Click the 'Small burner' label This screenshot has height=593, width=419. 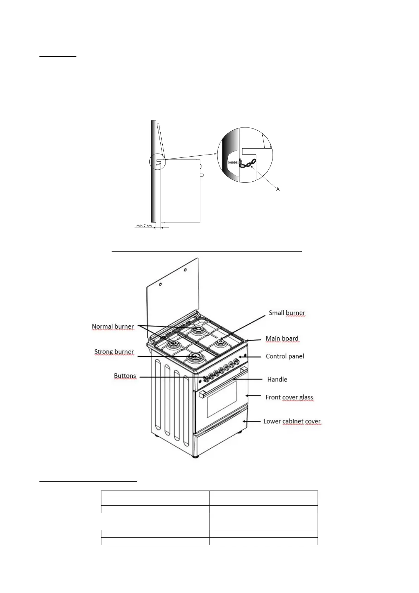287,313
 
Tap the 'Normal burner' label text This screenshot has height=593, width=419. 113,326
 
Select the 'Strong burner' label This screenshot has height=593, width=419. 114,352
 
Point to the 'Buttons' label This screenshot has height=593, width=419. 125,376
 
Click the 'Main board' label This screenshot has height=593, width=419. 282,338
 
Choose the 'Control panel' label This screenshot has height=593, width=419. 284,356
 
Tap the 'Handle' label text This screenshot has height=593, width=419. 277,379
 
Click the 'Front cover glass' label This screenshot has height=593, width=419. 289,397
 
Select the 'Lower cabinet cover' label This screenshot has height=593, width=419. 292,421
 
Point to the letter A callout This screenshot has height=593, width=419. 278,189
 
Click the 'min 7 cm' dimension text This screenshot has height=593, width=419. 144,226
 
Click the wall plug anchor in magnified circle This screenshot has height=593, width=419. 233,163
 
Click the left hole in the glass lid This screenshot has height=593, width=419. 160,284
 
